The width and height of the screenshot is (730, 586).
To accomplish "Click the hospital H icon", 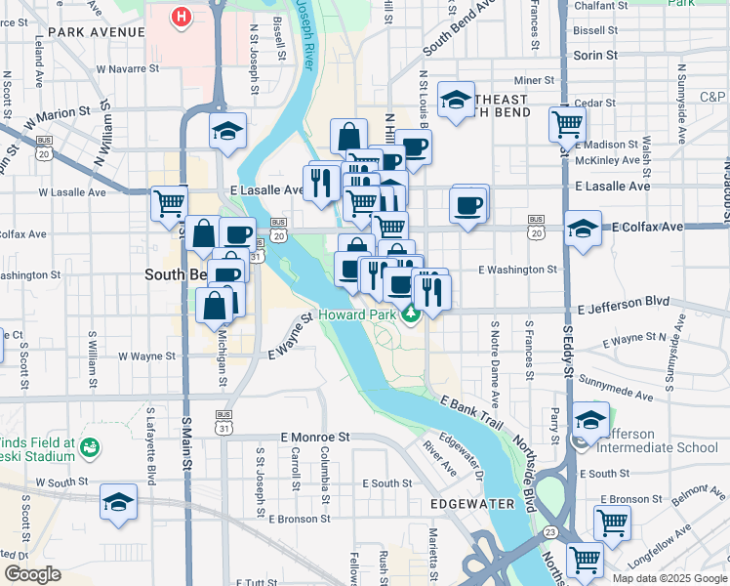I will click(181, 17).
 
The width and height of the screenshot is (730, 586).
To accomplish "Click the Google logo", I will click(32, 574).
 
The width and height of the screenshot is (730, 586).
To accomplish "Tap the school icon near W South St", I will click(119, 502).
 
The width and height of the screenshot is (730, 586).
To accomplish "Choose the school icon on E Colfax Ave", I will click(583, 230).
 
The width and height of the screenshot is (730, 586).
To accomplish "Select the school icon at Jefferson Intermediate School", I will click(590, 420).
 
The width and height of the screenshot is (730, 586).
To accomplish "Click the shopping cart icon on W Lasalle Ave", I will click(169, 202).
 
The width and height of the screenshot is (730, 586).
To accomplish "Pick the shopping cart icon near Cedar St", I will click(567, 124).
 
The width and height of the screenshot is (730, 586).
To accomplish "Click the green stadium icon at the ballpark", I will click(90, 448).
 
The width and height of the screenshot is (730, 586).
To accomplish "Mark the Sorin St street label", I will click(595, 56).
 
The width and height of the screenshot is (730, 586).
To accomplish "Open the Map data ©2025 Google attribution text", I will click(669, 578).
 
